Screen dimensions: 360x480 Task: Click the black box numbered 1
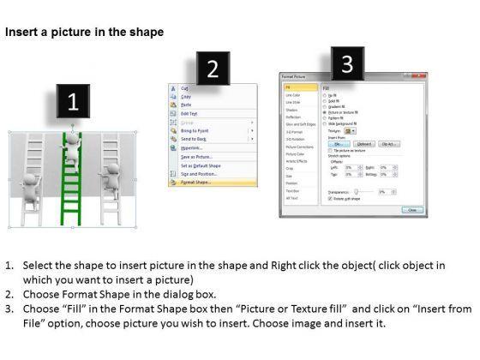point(74,103)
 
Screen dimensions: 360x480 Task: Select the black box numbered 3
point(346,64)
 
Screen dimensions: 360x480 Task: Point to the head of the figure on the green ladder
point(73,137)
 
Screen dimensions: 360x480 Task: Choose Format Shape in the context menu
point(195,182)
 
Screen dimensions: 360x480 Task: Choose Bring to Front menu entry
point(198,129)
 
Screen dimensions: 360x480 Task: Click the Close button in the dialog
point(412,209)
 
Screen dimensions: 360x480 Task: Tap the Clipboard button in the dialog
point(363,144)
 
